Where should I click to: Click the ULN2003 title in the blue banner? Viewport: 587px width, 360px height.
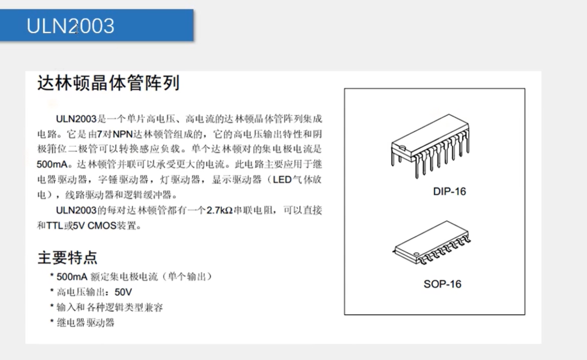coord(70,26)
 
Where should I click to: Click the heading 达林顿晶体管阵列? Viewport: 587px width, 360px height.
coord(108,83)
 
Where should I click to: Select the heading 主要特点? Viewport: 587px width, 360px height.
coord(67,258)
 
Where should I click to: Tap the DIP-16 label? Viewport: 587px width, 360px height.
coord(449,191)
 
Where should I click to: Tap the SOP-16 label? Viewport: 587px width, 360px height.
coord(442,284)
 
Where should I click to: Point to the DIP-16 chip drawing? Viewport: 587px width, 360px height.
coord(430,146)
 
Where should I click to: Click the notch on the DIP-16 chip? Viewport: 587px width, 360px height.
coord(402,147)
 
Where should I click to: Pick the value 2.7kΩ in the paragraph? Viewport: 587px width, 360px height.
coord(219,210)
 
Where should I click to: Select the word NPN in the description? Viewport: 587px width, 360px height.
coord(123,134)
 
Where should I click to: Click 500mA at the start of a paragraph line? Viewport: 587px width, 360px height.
coord(52,164)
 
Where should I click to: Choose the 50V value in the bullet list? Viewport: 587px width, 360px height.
coord(123,292)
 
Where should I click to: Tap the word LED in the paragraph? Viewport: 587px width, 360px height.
coord(282,180)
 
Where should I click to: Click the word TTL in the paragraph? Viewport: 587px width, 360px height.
coord(54,226)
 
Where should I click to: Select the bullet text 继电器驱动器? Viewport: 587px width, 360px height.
coord(85,323)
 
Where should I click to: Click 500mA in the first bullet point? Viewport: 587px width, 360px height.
coord(72,277)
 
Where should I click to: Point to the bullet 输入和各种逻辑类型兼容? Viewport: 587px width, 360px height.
coord(110,307)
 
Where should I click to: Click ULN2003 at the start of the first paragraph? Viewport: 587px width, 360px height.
coord(76,119)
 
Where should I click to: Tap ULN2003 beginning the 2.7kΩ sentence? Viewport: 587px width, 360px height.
coord(76,210)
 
